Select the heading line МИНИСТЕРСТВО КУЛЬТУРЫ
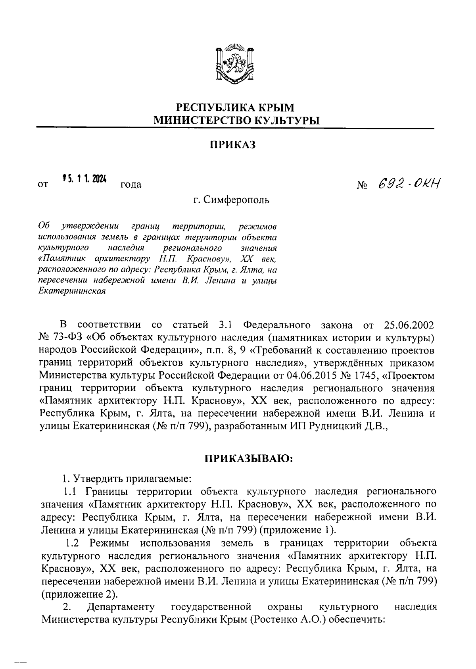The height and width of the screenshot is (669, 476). point(236,119)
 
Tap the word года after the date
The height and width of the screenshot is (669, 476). point(131,185)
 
